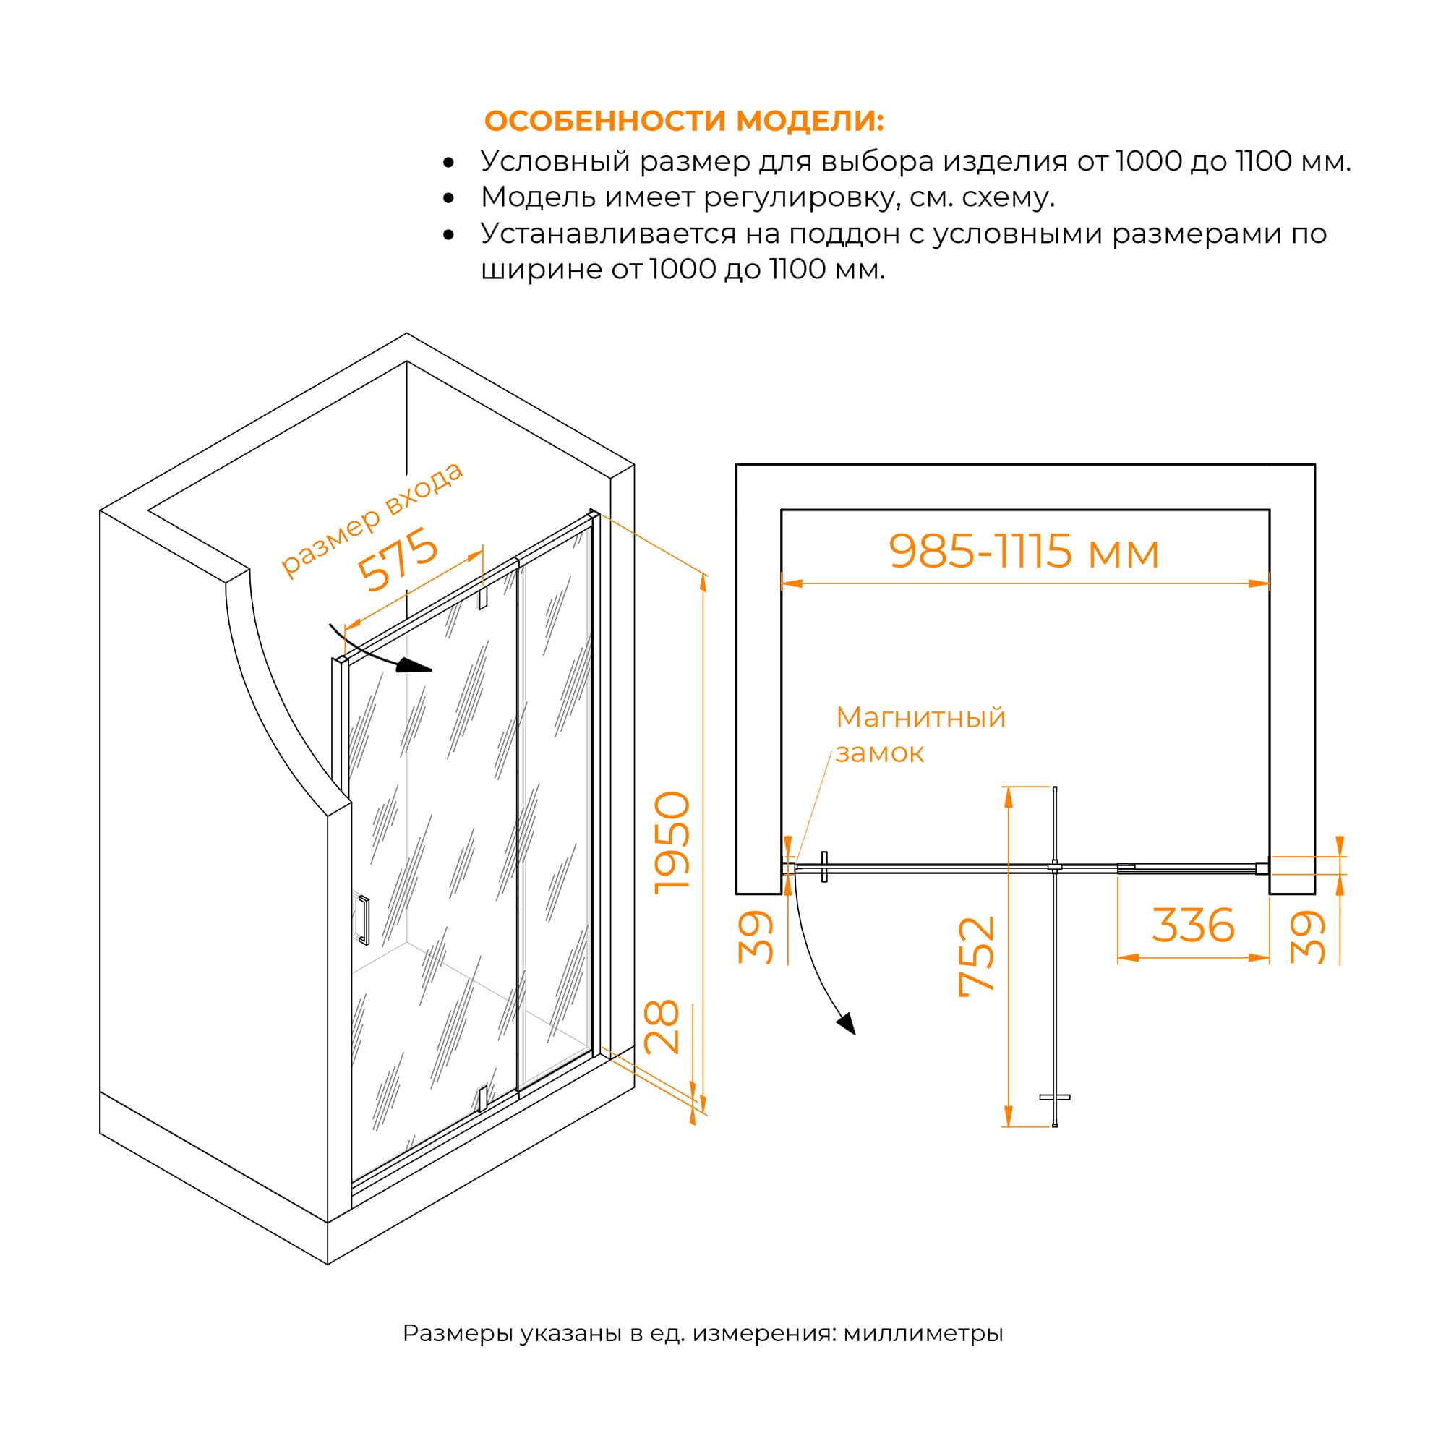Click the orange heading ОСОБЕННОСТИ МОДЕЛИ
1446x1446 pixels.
click(x=684, y=121)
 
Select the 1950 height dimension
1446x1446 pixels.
click(x=672, y=842)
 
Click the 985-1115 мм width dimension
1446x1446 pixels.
click(x=1024, y=552)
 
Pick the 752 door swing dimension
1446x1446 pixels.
click(x=977, y=957)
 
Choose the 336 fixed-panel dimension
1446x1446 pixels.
click(x=1193, y=925)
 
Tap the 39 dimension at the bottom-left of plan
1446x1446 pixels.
click(x=756, y=936)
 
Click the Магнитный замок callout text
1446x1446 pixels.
click(x=920, y=735)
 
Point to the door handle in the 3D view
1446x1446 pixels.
click(x=364, y=920)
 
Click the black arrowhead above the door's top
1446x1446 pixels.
click(x=414, y=664)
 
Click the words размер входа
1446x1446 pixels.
click(x=372, y=518)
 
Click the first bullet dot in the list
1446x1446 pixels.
click(x=448, y=163)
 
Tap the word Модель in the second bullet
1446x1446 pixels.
click(x=538, y=197)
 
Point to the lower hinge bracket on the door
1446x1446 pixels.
click(x=483, y=1098)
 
